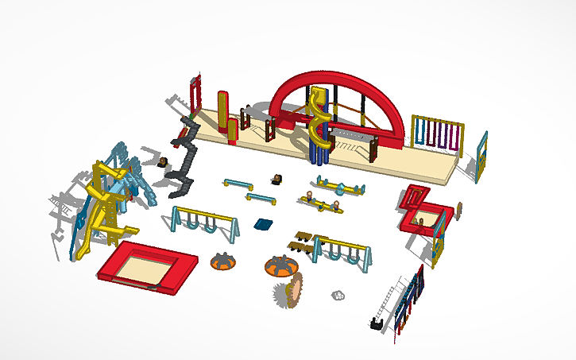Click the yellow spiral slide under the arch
320,123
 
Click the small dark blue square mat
263,224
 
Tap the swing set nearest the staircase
203,221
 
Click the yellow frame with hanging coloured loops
436,133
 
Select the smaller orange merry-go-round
223,260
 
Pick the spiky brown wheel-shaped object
290,290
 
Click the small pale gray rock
338,295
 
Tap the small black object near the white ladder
373,323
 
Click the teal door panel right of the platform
481,157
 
